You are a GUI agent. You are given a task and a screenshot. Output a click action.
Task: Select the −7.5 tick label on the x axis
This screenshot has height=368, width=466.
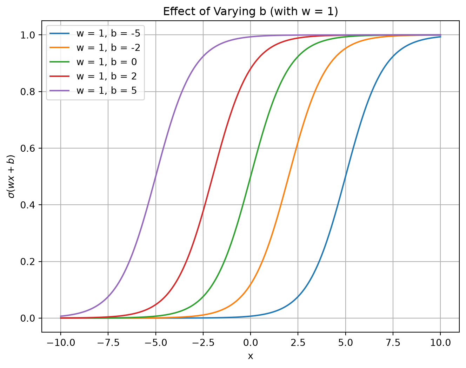(108, 343)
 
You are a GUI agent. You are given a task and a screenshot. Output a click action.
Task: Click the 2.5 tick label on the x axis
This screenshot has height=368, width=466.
(298, 343)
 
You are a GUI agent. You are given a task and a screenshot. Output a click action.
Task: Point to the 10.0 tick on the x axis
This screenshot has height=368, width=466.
(440, 343)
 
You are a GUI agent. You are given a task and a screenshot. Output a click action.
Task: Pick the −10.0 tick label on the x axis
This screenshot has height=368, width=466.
(61, 343)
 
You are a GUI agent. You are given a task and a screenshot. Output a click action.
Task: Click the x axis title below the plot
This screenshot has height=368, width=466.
(251, 356)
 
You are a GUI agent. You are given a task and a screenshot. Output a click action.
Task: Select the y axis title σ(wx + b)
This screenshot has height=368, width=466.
(11, 176)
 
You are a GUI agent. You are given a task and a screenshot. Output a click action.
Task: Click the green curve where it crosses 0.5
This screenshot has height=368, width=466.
(251, 176)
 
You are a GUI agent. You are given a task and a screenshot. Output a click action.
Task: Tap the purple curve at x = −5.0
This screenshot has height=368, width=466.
(156, 176)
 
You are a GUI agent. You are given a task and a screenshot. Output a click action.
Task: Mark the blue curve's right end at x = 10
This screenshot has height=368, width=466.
(440, 37)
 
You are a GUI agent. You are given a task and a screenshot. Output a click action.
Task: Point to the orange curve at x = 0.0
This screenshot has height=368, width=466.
(251, 284)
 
